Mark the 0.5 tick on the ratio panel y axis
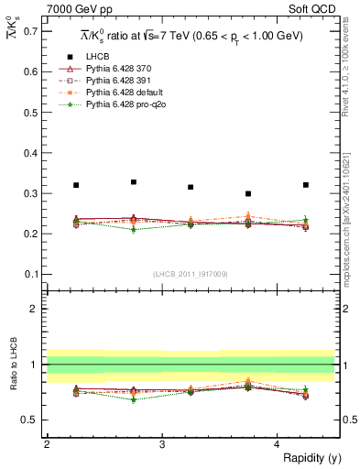pyautogui.click(x=30, y=420)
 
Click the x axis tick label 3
pyautogui.click(x=162, y=444)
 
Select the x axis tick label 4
pyautogui.click(x=278, y=444)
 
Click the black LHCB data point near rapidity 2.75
pyautogui.click(x=134, y=182)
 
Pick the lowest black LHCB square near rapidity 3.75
pyautogui.click(x=248, y=193)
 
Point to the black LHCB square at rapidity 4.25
pyautogui.click(x=306, y=185)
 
